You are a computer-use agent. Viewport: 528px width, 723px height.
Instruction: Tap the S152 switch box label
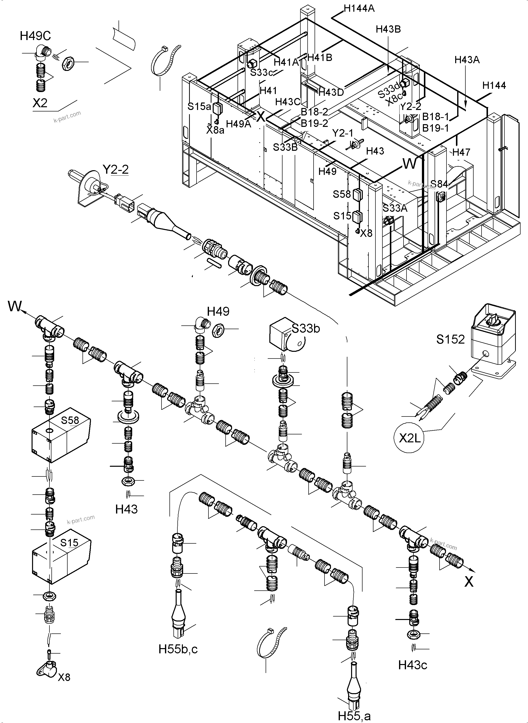[x=450, y=339]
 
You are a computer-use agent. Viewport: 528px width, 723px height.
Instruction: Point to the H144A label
[x=359, y=8]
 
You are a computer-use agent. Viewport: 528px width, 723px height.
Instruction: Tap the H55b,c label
[x=178, y=649]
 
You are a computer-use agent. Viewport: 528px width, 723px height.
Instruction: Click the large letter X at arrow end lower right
[x=469, y=581]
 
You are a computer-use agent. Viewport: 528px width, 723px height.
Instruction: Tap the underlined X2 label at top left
[x=40, y=103]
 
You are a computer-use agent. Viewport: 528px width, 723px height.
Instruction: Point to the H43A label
[x=467, y=60]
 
